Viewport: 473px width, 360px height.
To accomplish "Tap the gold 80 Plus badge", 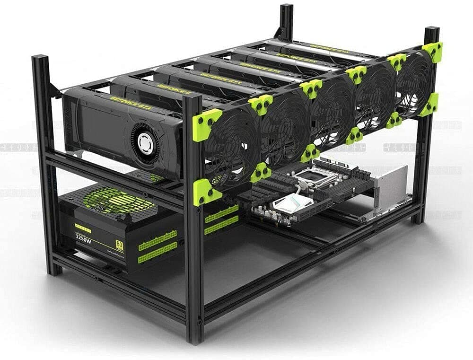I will (119, 244).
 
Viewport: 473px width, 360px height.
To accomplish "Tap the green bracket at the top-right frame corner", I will (432, 51).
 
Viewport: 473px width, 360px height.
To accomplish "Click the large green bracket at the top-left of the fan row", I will (206, 124).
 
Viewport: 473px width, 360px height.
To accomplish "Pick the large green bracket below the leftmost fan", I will (205, 193).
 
